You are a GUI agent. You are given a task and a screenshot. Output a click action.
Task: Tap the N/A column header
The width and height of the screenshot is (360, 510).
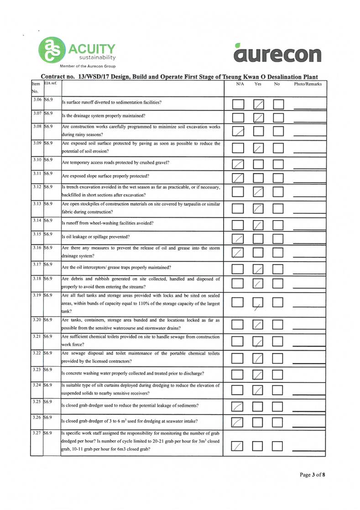239,84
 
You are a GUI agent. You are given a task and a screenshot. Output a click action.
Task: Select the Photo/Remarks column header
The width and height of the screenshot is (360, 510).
308,84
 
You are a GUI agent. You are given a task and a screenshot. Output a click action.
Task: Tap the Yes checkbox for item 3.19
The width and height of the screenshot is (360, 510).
259,303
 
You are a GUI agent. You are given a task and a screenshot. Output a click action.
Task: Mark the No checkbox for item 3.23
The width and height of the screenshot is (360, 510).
278,375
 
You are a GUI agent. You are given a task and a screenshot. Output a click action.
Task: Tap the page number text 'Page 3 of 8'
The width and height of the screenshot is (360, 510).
312,475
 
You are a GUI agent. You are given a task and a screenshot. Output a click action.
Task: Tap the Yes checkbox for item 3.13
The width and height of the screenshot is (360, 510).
259,208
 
